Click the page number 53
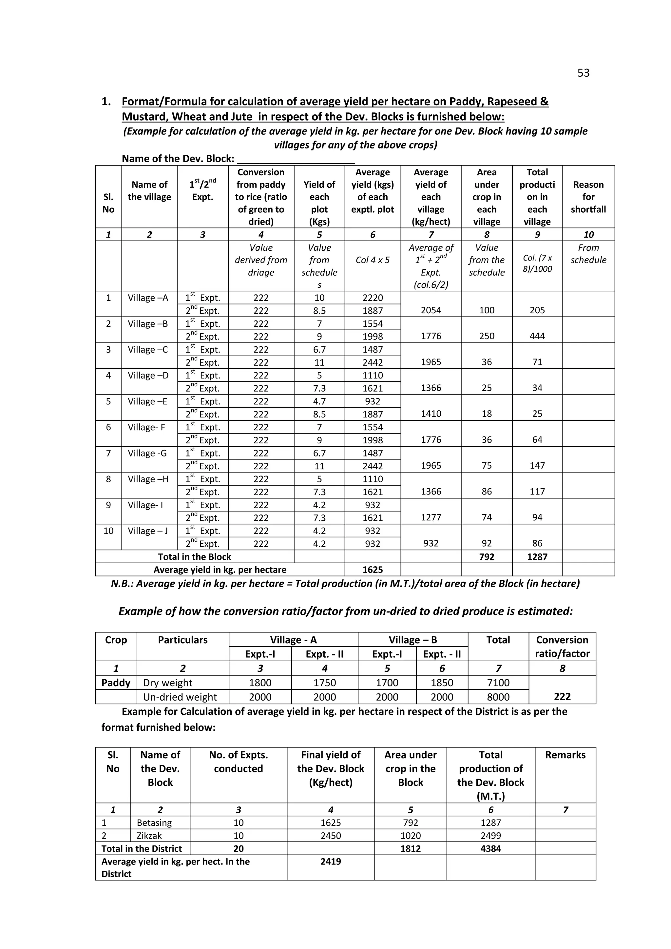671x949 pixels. pos(583,73)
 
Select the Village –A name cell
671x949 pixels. pos(148,298)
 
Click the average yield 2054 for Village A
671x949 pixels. pos(431,310)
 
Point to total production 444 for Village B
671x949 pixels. pos(537,336)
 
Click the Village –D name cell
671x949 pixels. pos(148,375)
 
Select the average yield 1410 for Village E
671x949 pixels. pos(431,414)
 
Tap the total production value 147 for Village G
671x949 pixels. pos(537,465)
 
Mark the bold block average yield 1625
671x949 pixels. pos(372,570)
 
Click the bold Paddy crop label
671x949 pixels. pos(116,683)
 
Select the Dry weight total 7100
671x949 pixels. pos(498,683)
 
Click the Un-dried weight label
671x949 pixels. pos(180,697)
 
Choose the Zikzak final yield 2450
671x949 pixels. pos(331,835)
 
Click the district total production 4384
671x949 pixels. pos(490,848)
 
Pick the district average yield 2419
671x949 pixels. pos(331,862)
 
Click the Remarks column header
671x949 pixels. pos(565,755)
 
